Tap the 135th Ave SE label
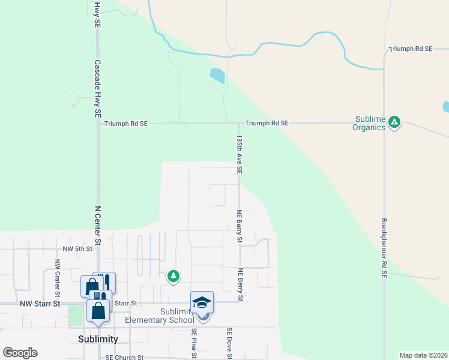click(x=239, y=154)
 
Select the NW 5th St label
click(x=78, y=248)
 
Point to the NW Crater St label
click(x=58, y=278)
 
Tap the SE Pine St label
click(x=194, y=343)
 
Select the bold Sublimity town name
click(x=98, y=339)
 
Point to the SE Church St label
click(x=124, y=358)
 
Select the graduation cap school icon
click(x=202, y=301)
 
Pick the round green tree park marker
click(x=173, y=276)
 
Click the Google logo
click(x=20, y=353)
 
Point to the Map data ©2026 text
click(x=423, y=355)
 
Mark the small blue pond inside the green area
click(x=217, y=76)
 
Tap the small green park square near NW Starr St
click(x=76, y=316)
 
